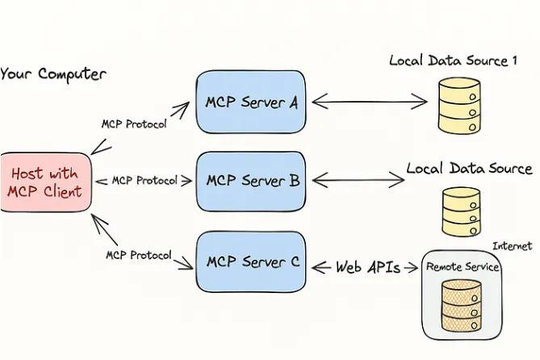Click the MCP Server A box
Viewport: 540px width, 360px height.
[x=251, y=103]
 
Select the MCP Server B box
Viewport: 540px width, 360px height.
[x=252, y=180]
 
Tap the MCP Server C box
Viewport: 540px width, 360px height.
[x=252, y=261]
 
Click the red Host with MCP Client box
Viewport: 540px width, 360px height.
[x=45, y=182]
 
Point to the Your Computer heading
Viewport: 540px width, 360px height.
[x=52, y=74]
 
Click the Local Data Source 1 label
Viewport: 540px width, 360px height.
[x=453, y=61]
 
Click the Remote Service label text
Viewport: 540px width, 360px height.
[x=463, y=266]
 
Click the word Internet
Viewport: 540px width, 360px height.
[x=512, y=246]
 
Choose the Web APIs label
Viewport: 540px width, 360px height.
[x=368, y=267]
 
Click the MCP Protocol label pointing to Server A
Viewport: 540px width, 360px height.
[x=134, y=124]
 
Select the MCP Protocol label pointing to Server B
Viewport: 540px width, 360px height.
[x=144, y=180]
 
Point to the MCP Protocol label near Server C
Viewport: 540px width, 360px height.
[x=138, y=255]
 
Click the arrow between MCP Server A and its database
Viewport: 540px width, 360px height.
[x=369, y=102]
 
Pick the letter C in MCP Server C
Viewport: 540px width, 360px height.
[x=294, y=262]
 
